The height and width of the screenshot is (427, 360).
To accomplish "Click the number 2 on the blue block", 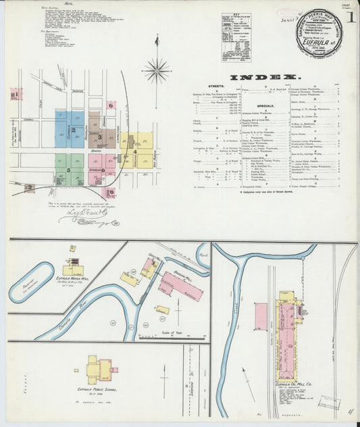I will pos(73,128).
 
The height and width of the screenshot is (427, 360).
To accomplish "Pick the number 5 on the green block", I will pos(68,170).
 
